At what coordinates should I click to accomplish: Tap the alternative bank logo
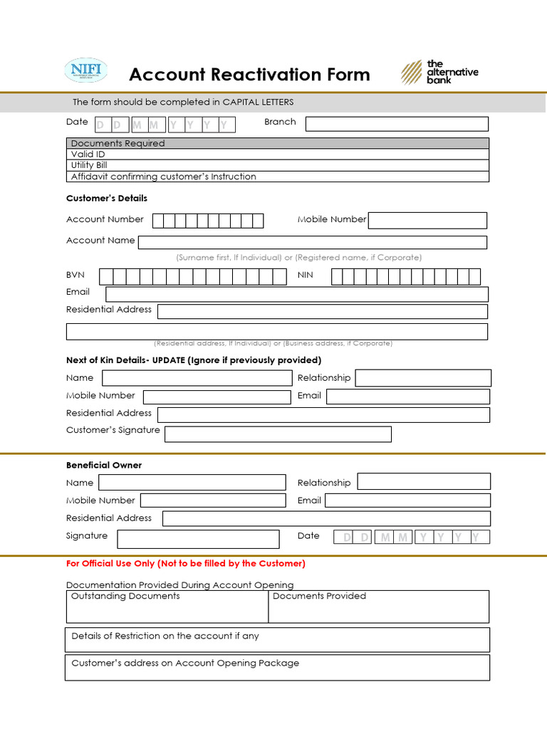pos(439,73)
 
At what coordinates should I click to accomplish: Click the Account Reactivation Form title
pos(249,75)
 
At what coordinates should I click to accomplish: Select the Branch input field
pos(397,124)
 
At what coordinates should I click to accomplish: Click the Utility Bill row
pos(277,165)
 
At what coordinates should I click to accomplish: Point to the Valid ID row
pos(277,154)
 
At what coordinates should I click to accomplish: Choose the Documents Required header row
pos(277,143)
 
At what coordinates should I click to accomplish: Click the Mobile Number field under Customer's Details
pos(427,221)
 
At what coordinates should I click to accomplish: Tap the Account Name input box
pos(312,242)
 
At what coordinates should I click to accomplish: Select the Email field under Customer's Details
pos(296,294)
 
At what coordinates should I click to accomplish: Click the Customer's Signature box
pos(278,434)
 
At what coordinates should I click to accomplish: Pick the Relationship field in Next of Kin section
pos(423,378)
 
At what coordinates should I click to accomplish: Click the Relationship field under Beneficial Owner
pos(424,482)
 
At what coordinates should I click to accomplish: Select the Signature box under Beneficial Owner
pos(198,539)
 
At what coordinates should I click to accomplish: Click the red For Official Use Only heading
pos(186,564)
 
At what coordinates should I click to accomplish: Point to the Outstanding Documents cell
pos(167,607)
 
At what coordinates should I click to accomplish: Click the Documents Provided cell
pos(379,607)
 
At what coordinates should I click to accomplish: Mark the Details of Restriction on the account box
pos(277,639)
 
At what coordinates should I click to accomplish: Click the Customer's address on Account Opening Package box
pos(277,667)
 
